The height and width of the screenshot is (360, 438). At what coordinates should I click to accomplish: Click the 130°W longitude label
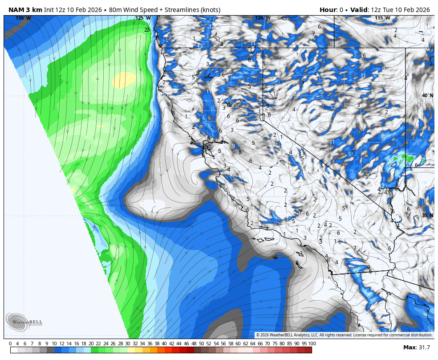pos(23,18)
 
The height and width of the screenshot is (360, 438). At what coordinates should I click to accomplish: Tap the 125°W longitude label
pos(143,18)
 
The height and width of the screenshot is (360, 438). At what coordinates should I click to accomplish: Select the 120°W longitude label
pos(263,18)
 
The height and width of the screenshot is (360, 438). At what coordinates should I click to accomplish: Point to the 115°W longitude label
pos(382,18)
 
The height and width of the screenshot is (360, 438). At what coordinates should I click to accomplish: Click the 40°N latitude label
pos(428,95)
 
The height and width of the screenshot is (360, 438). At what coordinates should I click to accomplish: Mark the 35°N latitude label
pos(428,215)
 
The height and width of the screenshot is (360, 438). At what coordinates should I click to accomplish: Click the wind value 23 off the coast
pos(147,30)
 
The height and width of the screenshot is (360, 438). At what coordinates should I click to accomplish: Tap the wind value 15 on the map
pos(352,153)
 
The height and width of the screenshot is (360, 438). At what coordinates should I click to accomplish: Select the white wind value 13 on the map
pos(200,46)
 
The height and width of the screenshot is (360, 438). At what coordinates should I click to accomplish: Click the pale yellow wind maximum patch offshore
pos(124,80)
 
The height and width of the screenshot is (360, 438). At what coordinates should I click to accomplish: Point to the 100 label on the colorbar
pos(312,344)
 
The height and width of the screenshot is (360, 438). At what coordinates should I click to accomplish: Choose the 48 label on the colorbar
pos(194,344)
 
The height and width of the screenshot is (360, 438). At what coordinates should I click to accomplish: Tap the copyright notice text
pos(344,335)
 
